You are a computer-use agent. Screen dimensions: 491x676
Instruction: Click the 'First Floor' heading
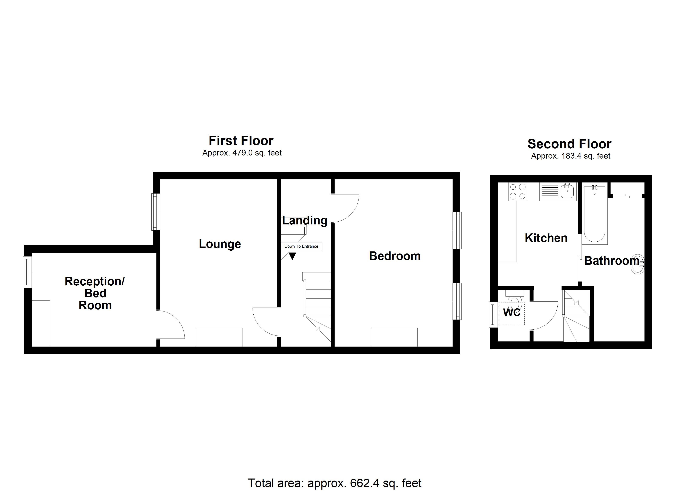[241, 141]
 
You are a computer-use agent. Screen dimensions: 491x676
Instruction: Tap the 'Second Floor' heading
[569, 144]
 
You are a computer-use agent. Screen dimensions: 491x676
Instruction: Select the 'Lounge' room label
[220, 244]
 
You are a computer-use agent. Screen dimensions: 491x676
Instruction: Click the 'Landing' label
[305, 221]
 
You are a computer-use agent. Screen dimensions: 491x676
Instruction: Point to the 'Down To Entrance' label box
[301, 247]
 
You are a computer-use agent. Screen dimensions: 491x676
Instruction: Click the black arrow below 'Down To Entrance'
[292, 256]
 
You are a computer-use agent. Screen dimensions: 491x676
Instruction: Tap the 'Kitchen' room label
[546, 238]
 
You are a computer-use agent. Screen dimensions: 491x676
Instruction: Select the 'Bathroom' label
[611, 261]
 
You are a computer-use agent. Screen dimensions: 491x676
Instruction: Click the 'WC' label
[512, 313]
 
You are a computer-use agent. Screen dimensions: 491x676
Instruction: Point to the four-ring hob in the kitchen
[517, 192]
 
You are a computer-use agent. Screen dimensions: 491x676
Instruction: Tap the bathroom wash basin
[637, 264]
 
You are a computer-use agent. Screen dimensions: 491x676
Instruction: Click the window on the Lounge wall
[156, 212]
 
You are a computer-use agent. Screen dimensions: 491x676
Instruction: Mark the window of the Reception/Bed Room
[27, 272]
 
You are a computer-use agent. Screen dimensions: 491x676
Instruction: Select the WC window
[493, 315]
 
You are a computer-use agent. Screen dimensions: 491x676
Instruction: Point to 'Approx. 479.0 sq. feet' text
[242, 153]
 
